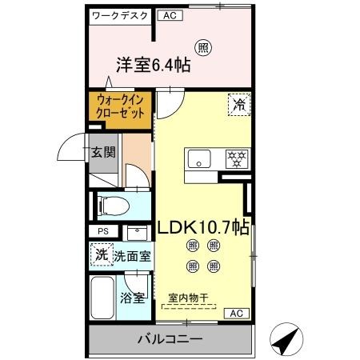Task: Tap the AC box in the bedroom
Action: pyautogui.click(x=169, y=15)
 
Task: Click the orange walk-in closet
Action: pyautogui.click(x=120, y=108)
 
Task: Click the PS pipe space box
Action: pyautogui.click(x=102, y=232)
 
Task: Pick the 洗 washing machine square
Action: pyautogui.click(x=101, y=257)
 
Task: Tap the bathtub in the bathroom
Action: pyautogui.click(x=102, y=299)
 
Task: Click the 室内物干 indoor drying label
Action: pyautogui.click(x=187, y=298)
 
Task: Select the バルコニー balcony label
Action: pyautogui.click(x=169, y=338)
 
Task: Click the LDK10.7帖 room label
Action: pyautogui.click(x=203, y=226)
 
